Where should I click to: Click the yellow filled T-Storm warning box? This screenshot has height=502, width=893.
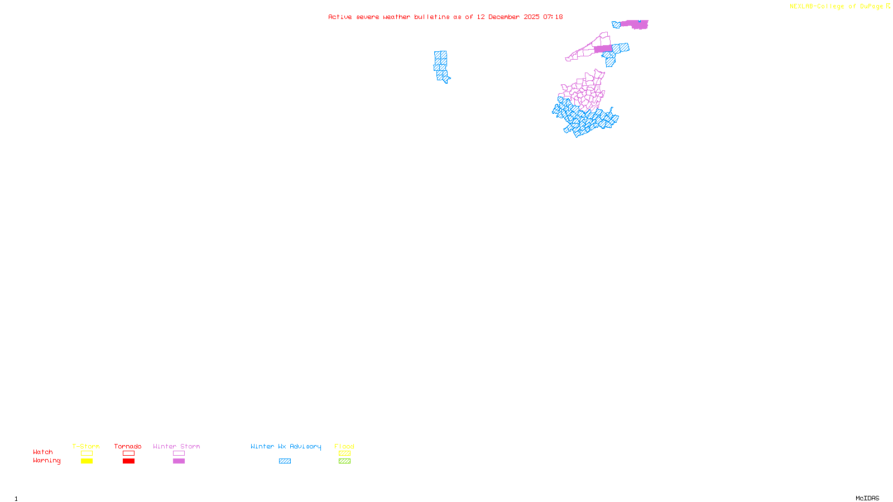click(87, 461)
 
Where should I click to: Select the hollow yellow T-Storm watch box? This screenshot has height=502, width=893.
click(87, 453)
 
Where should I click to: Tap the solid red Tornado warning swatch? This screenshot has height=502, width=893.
click(128, 461)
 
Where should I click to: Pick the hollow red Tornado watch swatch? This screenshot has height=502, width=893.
click(128, 453)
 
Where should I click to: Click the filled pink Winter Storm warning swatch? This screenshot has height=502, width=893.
click(179, 461)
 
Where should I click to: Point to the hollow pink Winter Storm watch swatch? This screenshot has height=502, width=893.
click(179, 453)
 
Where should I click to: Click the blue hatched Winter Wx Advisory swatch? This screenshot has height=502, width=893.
click(285, 461)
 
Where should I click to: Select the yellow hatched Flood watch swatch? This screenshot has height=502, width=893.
click(344, 453)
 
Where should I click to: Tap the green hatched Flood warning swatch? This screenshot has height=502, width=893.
click(344, 461)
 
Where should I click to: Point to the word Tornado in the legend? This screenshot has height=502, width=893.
click(128, 446)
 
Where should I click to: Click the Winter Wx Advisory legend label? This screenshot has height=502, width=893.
click(286, 446)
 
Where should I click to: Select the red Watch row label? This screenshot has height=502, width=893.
click(43, 452)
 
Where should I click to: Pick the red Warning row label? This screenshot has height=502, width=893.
click(46, 461)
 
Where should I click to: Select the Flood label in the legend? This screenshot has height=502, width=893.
click(344, 446)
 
